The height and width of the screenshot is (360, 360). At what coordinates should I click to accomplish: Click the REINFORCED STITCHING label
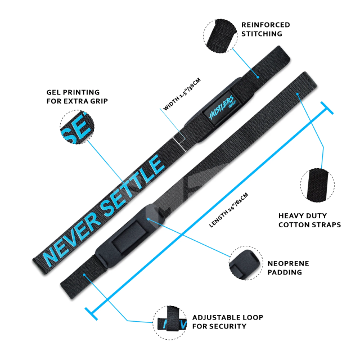pyautogui.click(x=265, y=29)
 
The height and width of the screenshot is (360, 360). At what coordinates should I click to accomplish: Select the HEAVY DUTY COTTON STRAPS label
pyautogui.click(x=310, y=220)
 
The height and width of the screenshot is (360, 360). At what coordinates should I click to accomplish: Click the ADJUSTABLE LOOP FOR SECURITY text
pyautogui.click(x=227, y=322)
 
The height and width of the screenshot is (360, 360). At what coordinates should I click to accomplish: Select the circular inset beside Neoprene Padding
pyautogui.click(x=245, y=262)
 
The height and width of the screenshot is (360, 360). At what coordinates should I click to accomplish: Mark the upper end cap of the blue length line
pyautogui.click(x=326, y=108)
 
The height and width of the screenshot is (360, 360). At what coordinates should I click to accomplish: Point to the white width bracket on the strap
pyautogui.click(x=179, y=141)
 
